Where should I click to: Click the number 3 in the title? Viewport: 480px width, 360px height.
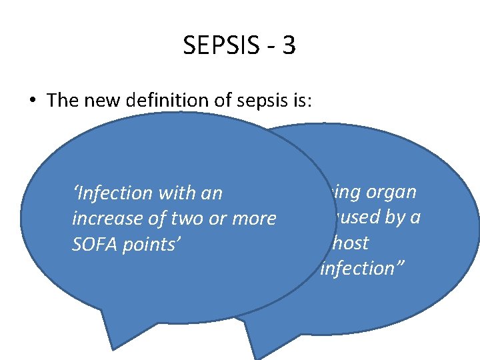[289, 47]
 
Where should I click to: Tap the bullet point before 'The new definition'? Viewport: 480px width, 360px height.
[32, 101]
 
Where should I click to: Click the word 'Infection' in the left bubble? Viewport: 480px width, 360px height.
[111, 193]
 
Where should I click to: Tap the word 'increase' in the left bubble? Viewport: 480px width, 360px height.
[107, 219]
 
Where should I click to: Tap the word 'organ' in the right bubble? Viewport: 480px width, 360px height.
[393, 192]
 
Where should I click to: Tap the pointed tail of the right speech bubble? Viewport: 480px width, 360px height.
[253, 350]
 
